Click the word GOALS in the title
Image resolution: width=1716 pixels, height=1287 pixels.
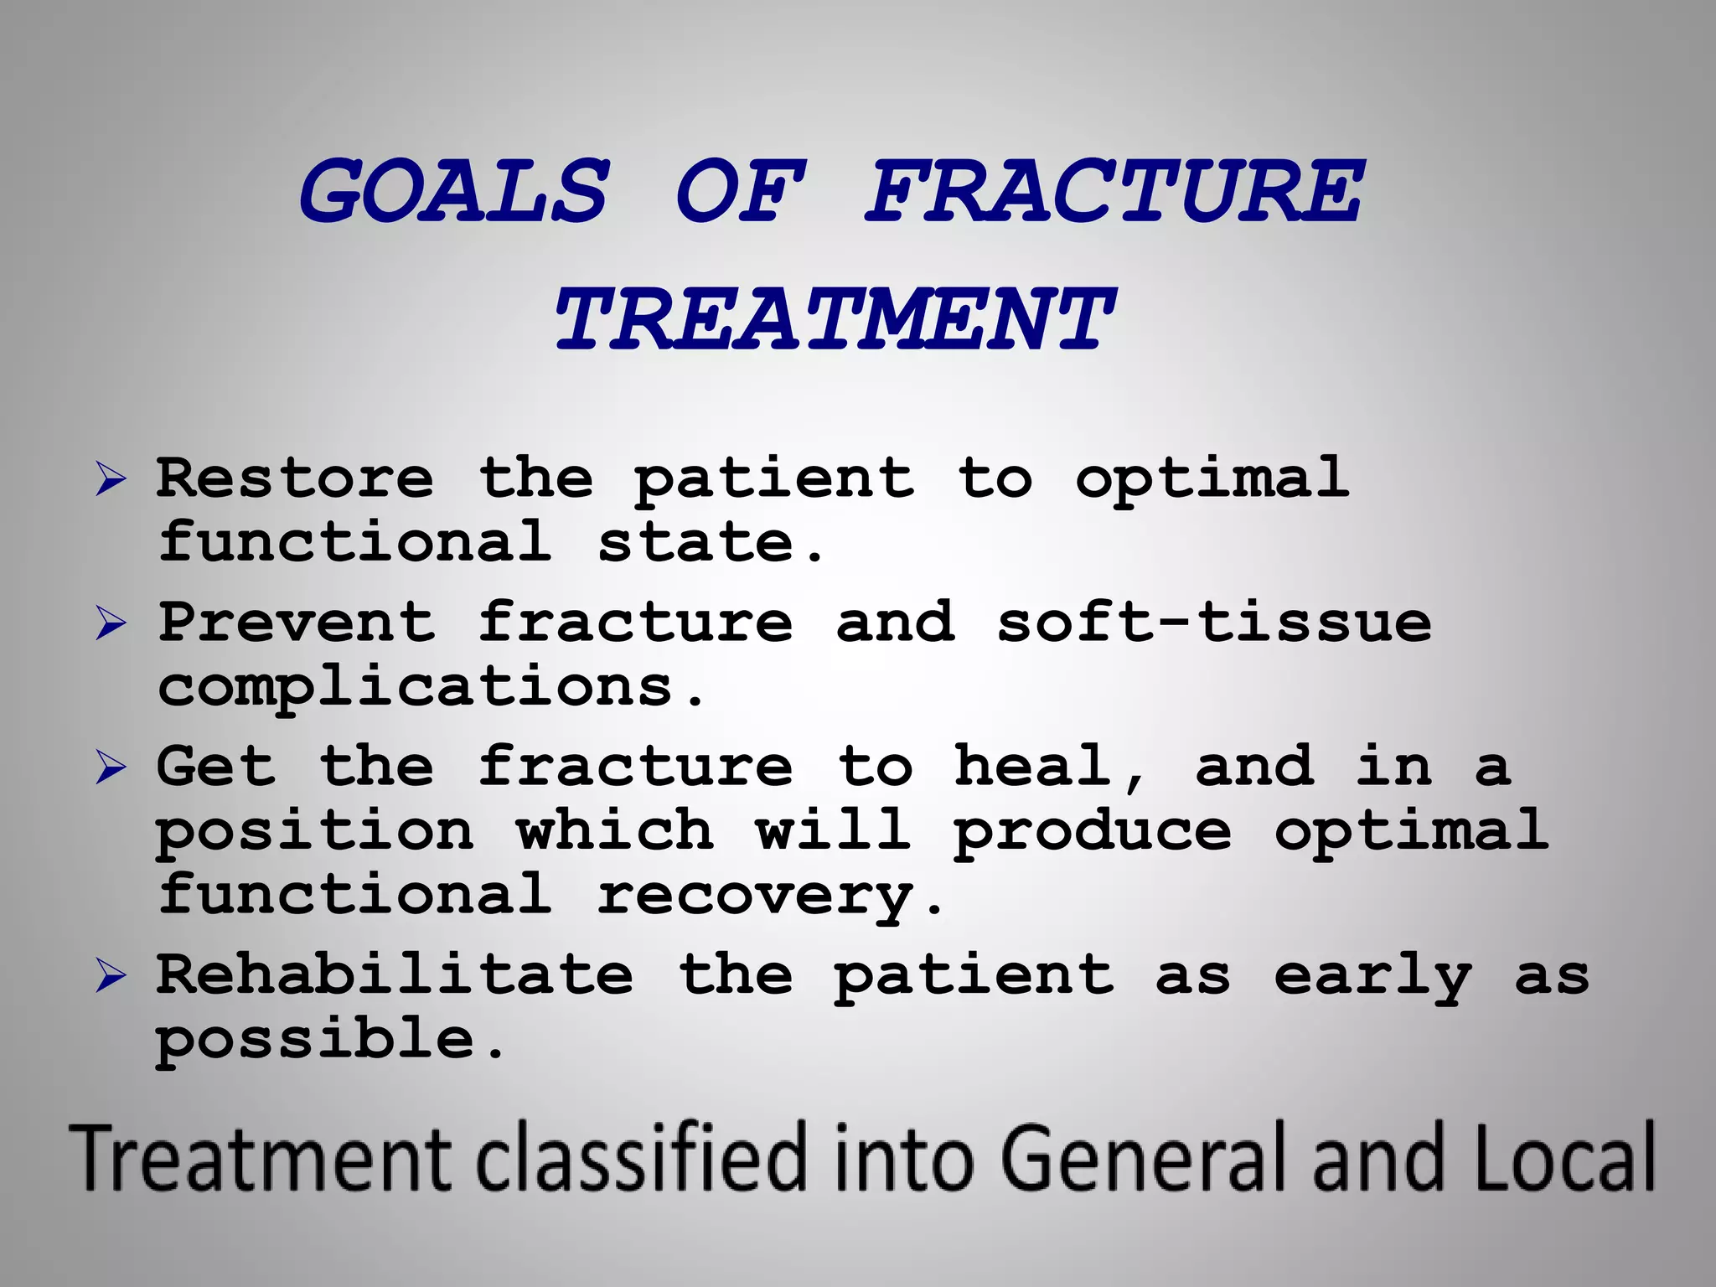(x=453, y=192)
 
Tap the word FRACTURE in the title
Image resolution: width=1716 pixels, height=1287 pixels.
(x=1114, y=192)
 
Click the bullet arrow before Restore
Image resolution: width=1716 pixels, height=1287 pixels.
(x=111, y=479)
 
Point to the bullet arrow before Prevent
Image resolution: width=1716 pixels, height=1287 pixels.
(x=111, y=623)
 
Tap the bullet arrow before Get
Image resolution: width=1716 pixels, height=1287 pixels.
(x=111, y=768)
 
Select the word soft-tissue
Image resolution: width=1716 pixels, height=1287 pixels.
(x=1214, y=623)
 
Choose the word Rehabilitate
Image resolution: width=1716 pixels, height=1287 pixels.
(x=395, y=974)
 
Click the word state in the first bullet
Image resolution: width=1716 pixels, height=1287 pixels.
(x=695, y=542)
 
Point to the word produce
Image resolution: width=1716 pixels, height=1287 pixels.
(x=1093, y=831)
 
